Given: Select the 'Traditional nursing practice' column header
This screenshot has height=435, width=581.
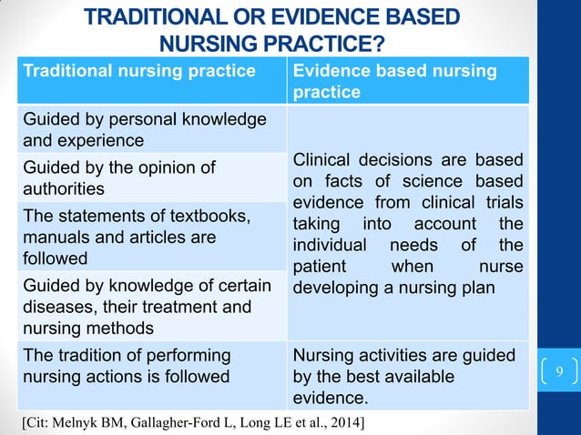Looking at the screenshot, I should [138, 70].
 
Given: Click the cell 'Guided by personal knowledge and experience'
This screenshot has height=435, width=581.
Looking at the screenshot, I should [146, 129].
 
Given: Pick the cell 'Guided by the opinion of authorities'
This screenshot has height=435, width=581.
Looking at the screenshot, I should [146, 177].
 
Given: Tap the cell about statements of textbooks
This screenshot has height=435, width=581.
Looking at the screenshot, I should [146, 237].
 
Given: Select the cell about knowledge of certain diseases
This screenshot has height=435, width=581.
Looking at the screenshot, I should [146, 307].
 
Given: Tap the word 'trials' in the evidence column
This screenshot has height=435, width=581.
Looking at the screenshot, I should [503, 202].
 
